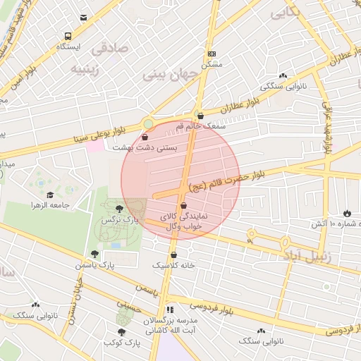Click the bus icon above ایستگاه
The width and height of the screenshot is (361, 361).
(x=68, y=36)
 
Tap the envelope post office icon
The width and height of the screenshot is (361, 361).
(x=84, y=18)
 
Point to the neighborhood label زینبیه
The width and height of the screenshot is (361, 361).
(x=87, y=68)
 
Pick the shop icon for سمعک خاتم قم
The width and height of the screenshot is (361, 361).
(x=200, y=116)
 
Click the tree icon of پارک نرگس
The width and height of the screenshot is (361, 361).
(x=119, y=209)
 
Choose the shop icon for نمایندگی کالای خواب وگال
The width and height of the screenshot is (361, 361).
(x=184, y=206)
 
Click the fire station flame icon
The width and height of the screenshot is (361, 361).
(x=346, y=213)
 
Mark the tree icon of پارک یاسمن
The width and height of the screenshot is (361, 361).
(x=94, y=254)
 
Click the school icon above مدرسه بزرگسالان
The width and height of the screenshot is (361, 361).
(x=170, y=309)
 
